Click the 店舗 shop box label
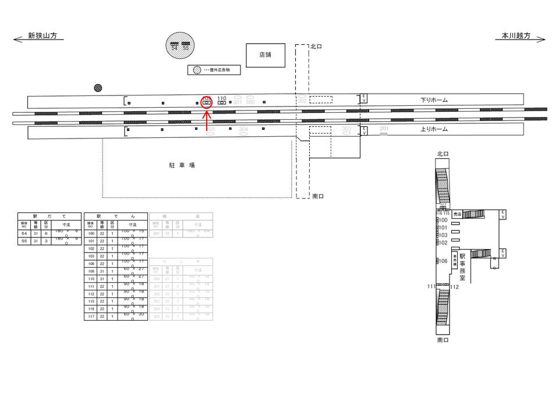pos(265,55)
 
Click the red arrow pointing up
pos(207,120)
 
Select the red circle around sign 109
pos(206,102)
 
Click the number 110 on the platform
pos(221,98)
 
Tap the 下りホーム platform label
pos(434,100)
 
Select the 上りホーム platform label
pos(434,130)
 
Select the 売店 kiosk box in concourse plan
pos(457,214)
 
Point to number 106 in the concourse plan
pos(443,261)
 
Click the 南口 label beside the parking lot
pos(317,197)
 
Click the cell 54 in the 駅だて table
pos(24,233)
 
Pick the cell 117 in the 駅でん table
pos(91,317)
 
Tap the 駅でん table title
pos(115,216)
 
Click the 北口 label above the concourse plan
pos(443,154)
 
